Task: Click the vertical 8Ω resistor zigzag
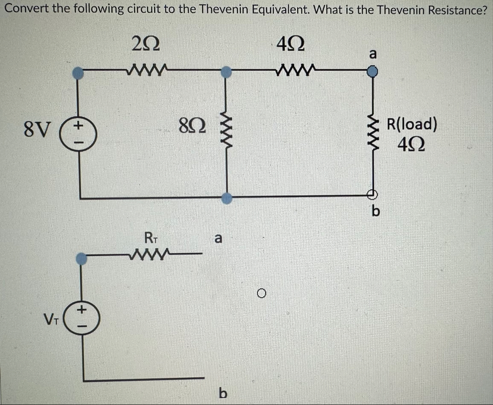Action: coord(226,131)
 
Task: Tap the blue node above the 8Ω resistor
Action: coord(225,71)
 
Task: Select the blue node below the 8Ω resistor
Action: coord(225,198)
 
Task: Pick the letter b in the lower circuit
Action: coord(223,394)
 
